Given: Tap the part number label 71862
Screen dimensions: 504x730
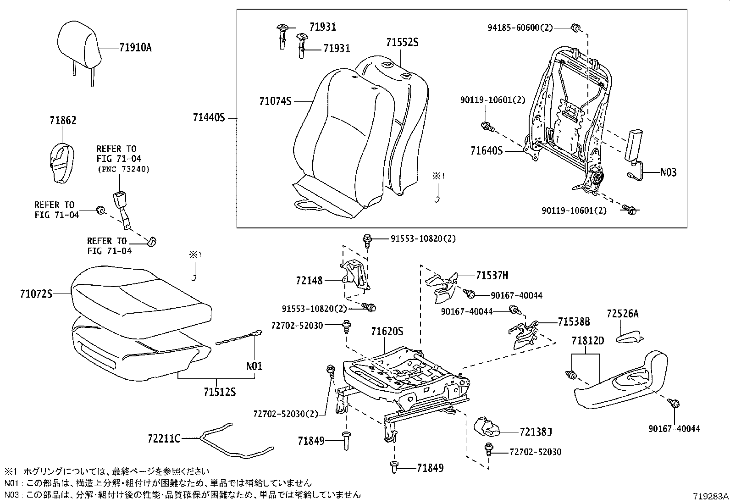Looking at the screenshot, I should [63, 121].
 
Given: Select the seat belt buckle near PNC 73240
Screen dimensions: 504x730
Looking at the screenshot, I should [120, 202].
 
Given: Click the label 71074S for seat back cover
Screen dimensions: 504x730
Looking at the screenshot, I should [276, 101].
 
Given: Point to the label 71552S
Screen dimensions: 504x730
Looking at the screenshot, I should [402, 43].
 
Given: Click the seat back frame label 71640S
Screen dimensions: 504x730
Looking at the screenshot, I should [487, 150].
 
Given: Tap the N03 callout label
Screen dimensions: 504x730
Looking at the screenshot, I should [668, 172].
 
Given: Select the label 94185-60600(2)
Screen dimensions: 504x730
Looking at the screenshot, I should [520, 28].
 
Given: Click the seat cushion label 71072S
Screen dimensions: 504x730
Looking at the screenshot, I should [36, 293].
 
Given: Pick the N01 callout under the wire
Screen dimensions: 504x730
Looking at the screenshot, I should [254, 366].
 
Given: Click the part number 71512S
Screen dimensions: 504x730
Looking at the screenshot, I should [220, 392].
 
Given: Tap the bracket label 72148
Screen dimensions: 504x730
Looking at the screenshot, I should [309, 280].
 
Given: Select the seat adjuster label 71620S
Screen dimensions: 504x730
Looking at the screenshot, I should [387, 331].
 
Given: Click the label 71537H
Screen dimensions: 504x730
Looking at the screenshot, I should [492, 275].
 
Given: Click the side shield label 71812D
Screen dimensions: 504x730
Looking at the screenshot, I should [588, 341].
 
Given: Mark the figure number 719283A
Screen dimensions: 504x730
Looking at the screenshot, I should [710, 496].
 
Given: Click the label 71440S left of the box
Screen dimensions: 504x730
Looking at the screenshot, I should [209, 118].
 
